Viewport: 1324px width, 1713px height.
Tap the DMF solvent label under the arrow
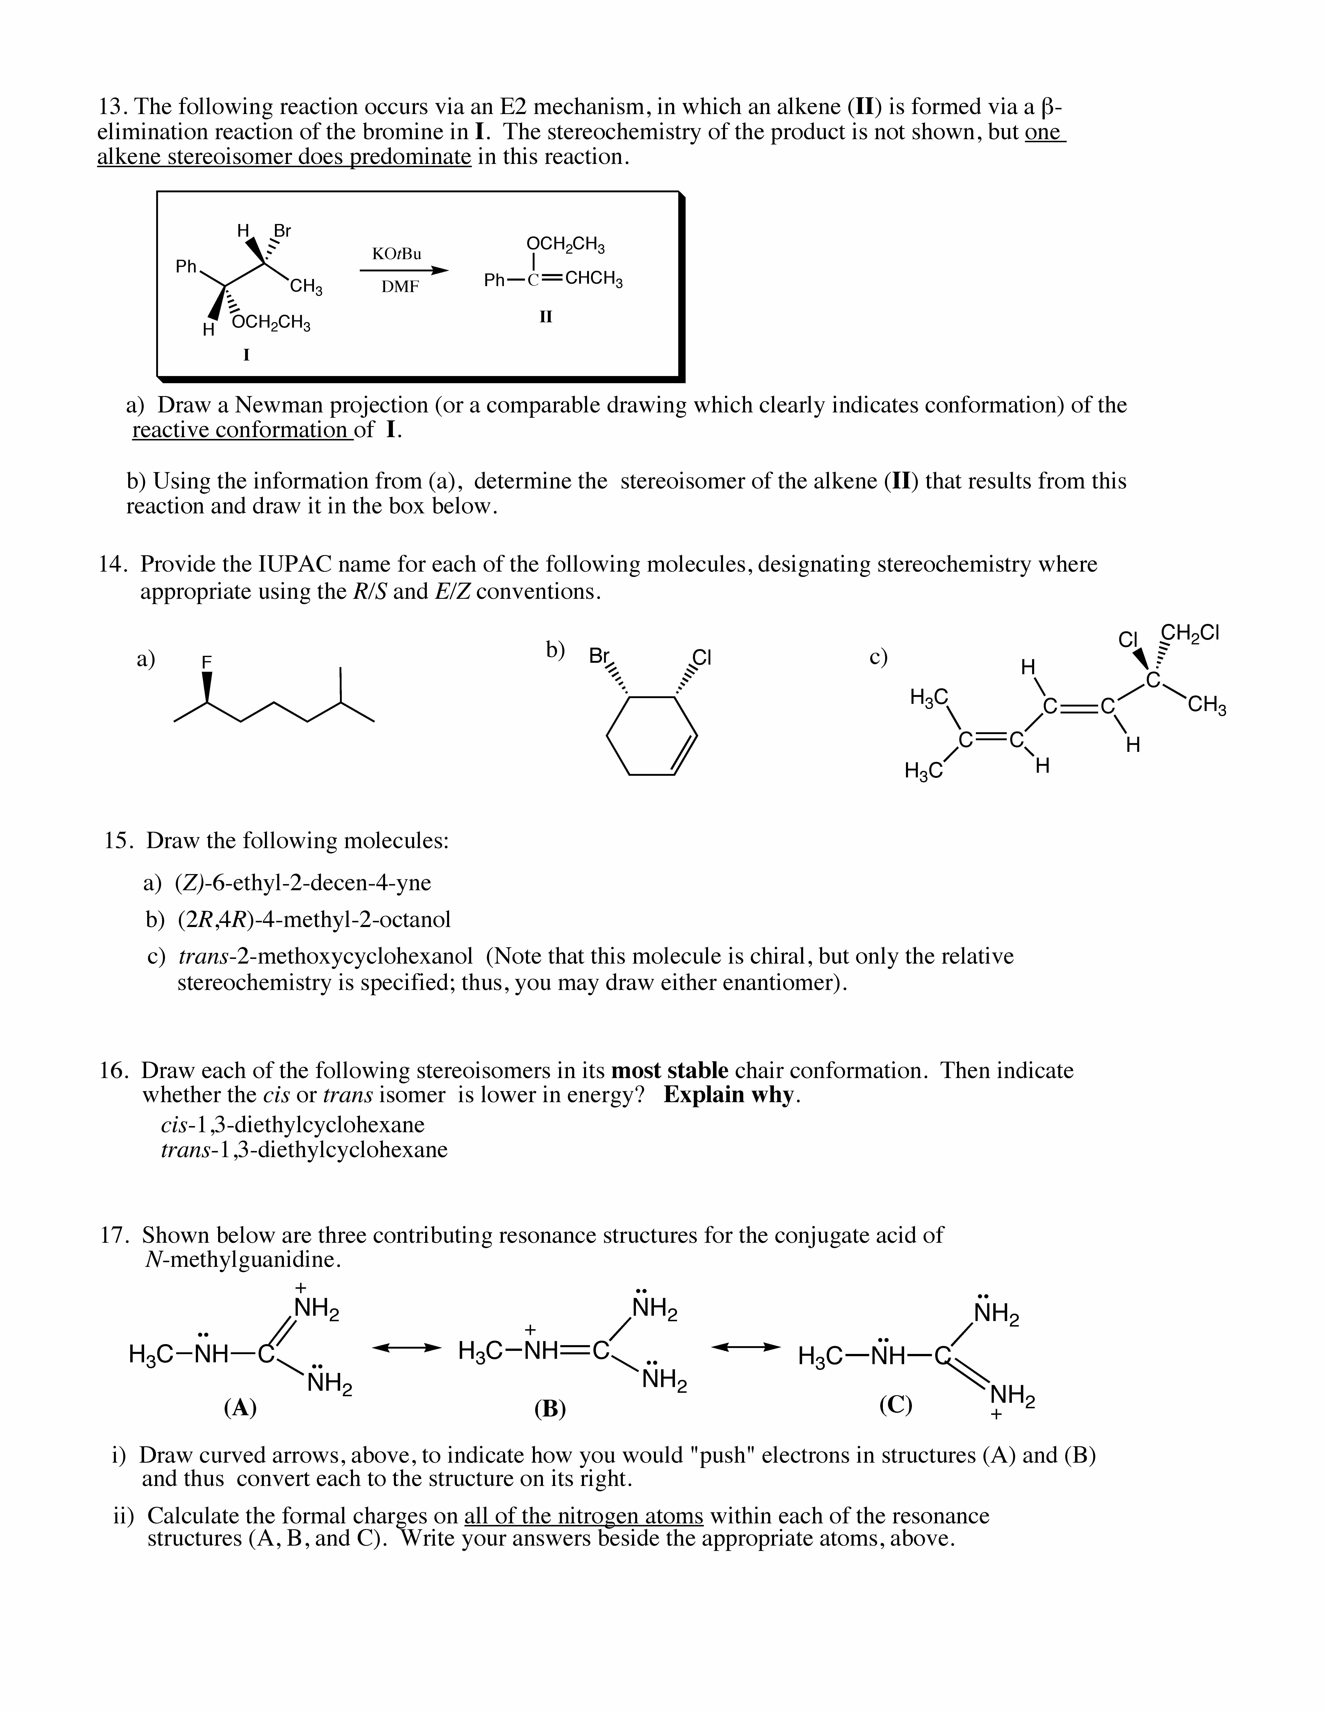pos(400,287)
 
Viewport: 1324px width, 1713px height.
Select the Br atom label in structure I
pos(282,231)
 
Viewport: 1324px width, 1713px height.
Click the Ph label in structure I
pos(186,267)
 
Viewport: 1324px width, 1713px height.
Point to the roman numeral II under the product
pos(546,317)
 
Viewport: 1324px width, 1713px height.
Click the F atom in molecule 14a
pos(207,662)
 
